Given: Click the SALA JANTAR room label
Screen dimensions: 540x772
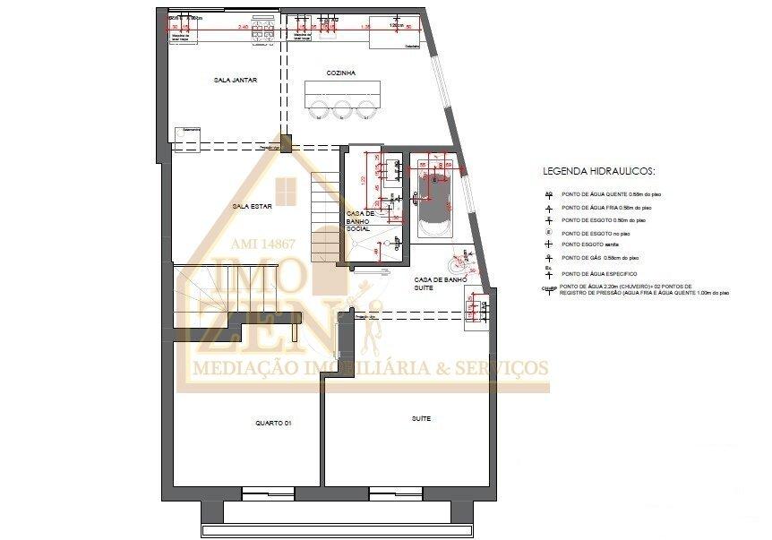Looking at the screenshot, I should [236, 81].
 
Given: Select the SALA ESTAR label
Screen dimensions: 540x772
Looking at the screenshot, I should [251, 206].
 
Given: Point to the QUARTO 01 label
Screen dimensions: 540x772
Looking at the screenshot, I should [274, 423].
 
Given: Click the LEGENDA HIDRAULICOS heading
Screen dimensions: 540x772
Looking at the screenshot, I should [599, 169].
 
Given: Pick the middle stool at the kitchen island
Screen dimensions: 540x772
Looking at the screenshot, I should [342, 109].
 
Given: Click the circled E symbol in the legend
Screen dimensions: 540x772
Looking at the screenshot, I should [548, 232].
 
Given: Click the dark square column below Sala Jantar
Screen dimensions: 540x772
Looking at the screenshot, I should [285, 143].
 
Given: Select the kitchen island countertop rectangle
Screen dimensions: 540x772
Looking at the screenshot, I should [342, 90].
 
